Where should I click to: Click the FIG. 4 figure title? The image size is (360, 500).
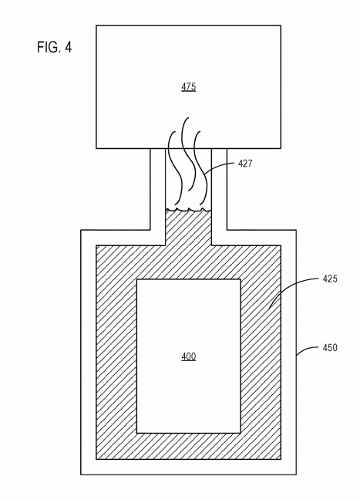pyautogui.click(x=55, y=47)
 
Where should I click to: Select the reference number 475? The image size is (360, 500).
pyautogui.click(x=189, y=86)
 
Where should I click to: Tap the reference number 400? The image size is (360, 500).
pyautogui.click(x=189, y=356)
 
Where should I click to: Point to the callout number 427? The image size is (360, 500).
pyautogui.click(x=245, y=164)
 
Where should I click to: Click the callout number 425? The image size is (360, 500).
pyautogui.click(x=330, y=279)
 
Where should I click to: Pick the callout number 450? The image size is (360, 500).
pyautogui.click(x=330, y=347)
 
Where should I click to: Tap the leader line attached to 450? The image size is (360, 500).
pyautogui.click(x=308, y=349)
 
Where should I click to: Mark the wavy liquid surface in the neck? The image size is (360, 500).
pyautogui.click(x=188, y=210)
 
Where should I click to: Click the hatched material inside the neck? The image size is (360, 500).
pyautogui.click(x=188, y=228)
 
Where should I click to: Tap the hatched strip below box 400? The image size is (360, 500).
pyautogui.click(x=188, y=446)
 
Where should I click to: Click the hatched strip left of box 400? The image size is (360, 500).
pyautogui.click(x=116, y=356)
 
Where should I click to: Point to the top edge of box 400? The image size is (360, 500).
pyautogui.click(x=189, y=279)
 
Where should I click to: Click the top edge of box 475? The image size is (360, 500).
pyautogui.click(x=189, y=25)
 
